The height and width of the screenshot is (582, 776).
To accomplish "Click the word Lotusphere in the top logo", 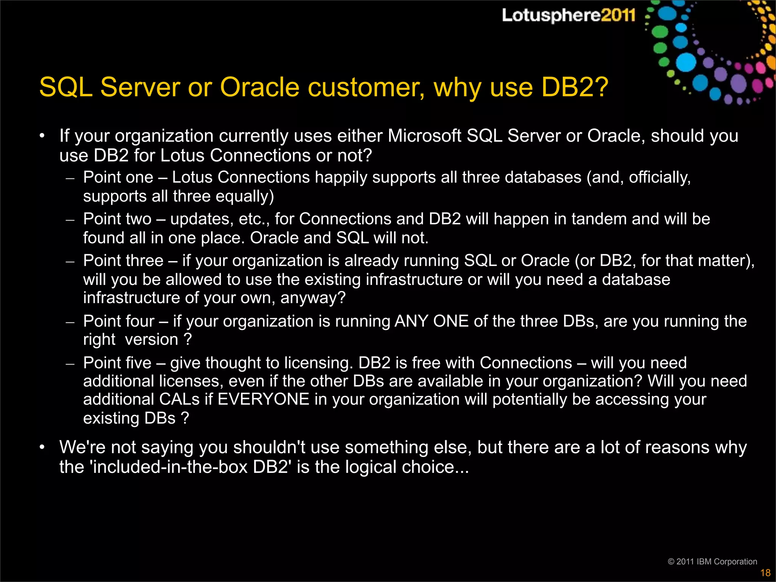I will click(x=551, y=16).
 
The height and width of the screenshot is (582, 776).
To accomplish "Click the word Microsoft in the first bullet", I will click(x=424, y=136).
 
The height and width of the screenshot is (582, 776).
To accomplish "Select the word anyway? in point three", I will click(x=313, y=298).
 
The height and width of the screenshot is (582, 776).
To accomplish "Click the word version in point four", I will click(x=152, y=339).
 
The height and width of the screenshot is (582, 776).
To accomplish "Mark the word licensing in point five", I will click(x=318, y=363).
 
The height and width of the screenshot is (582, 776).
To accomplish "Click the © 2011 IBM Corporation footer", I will click(x=712, y=562).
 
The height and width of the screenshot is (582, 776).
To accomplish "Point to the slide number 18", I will click(x=765, y=573).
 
